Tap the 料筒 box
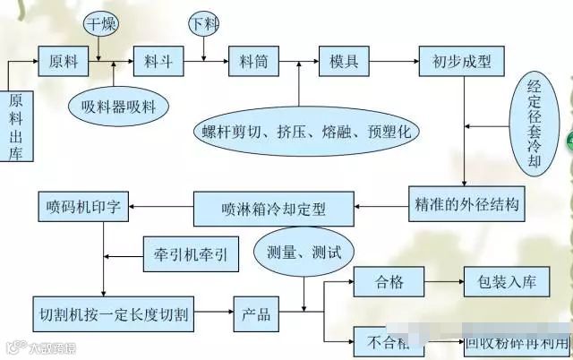(x=248, y=62)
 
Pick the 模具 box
(x=345, y=62)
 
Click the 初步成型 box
(x=462, y=62)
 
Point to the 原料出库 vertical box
(x=16, y=124)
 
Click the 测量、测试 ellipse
(x=298, y=246)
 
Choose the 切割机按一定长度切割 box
(x=116, y=316)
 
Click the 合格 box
(x=391, y=283)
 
